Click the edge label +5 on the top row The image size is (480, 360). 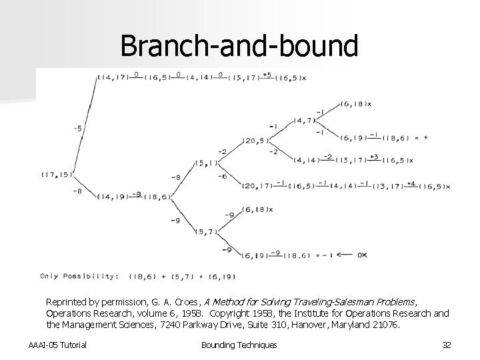[x=266, y=74]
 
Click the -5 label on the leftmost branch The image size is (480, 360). [x=78, y=129]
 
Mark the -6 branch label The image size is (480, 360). [x=222, y=176]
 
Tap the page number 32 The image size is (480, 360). [x=447, y=344]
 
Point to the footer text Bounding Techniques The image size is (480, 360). [x=239, y=344]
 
